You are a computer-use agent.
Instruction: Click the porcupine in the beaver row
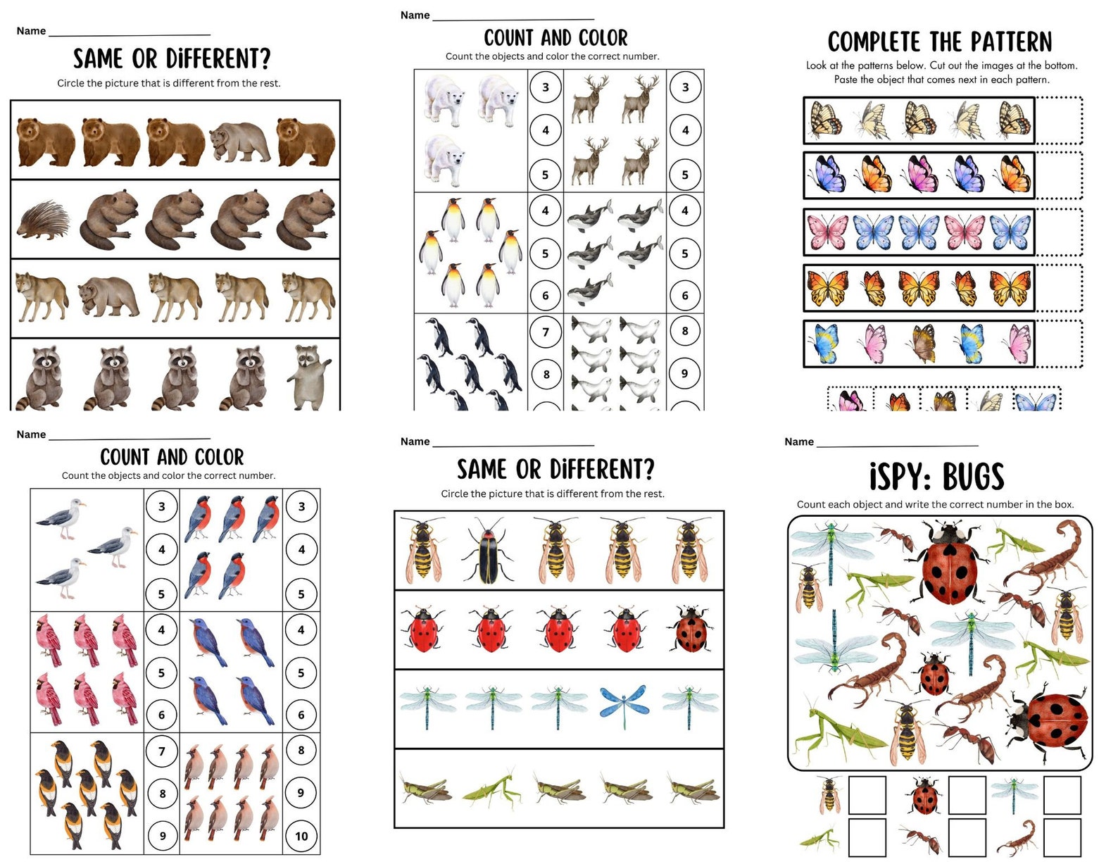[44, 220]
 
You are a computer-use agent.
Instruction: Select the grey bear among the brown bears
[240, 142]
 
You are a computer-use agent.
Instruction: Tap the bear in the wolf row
[108, 296]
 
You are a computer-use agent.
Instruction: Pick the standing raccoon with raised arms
[309, 376]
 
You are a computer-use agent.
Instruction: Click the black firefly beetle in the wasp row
[488, 550]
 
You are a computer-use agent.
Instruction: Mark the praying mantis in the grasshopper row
[491, 788]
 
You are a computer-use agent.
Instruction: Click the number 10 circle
[301, 836]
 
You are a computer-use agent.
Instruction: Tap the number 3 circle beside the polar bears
[546, 87]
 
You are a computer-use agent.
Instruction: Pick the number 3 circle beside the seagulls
[162, 506]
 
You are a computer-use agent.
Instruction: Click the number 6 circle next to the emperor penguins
[546, 296]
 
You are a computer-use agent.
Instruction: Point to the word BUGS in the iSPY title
[973, 477]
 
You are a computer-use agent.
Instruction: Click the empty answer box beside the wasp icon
[867, 795]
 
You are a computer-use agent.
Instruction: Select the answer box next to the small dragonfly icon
[1062, 795]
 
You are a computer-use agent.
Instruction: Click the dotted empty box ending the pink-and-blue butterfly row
[1058, 232]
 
